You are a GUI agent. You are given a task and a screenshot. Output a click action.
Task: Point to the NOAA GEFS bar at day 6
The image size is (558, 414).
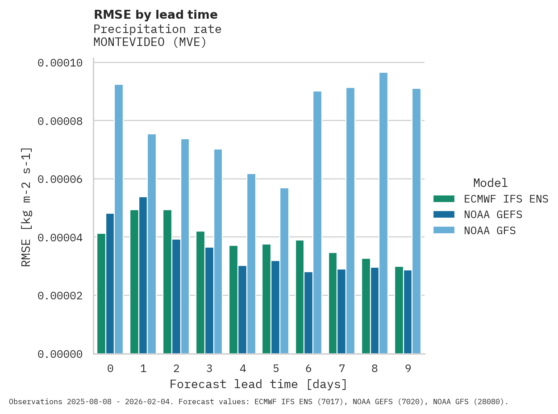308,313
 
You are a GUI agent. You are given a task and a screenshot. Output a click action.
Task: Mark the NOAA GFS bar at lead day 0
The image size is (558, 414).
119,219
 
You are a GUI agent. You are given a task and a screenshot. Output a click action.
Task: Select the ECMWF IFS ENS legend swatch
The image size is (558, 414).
444,199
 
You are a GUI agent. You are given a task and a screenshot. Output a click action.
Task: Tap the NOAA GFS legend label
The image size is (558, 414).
490,231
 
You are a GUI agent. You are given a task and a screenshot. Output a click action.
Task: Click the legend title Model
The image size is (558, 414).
490,183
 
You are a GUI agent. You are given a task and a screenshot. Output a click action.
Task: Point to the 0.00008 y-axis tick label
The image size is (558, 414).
60,121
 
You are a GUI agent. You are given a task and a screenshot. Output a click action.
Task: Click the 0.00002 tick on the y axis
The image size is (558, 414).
60,296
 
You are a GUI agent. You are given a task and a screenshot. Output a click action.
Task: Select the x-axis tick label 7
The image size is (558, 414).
342,368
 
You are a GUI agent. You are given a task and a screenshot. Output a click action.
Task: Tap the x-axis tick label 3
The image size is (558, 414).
209,368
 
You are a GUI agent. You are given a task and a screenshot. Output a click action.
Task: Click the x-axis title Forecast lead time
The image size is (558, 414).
258,384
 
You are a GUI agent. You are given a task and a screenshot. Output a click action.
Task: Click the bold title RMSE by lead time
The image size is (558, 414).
156,15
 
